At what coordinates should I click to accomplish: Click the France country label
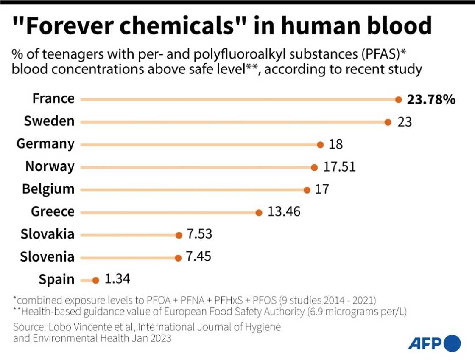[53, 98]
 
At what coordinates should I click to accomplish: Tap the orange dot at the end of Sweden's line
[388, 122]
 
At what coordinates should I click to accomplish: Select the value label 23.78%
[431, 99]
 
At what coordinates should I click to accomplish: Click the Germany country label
[45, 144]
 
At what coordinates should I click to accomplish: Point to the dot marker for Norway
[314, 167]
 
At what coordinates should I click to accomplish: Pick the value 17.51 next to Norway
[339, 166]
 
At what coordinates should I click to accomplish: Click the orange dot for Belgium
[307, 190]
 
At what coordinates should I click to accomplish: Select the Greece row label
[53, 211]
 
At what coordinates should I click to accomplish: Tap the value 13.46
[284, 211]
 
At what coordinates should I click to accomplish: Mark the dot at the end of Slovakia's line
[178, 235]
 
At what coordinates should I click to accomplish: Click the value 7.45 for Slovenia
[198, 256]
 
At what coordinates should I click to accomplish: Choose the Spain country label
[56, 279]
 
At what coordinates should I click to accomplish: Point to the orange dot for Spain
[95, 280]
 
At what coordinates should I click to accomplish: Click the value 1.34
[117, 279]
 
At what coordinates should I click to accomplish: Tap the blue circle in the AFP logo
[453, 343]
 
